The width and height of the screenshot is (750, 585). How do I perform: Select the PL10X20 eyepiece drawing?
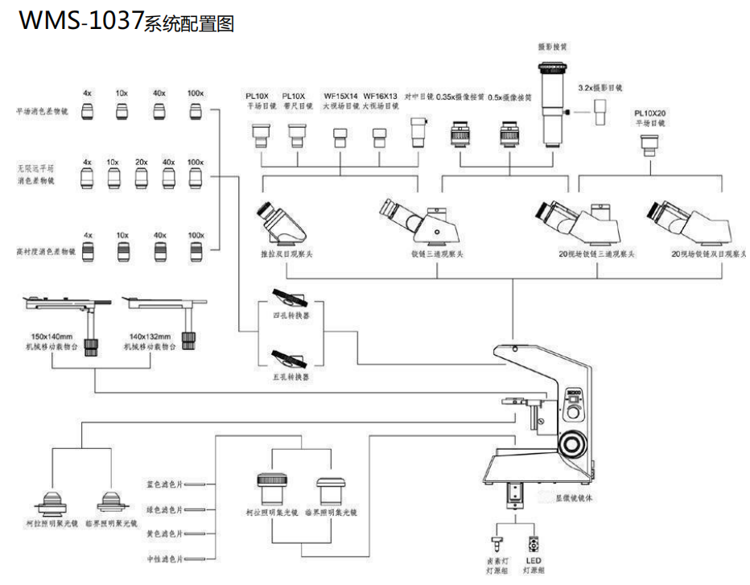649,144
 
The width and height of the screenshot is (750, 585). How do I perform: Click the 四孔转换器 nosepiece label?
291,315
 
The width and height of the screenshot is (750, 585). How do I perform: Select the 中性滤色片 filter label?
165,558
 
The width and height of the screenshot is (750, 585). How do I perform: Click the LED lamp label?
534,565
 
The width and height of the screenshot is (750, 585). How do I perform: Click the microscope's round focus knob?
572,443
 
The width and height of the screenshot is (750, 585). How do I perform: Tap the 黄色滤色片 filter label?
165,534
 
